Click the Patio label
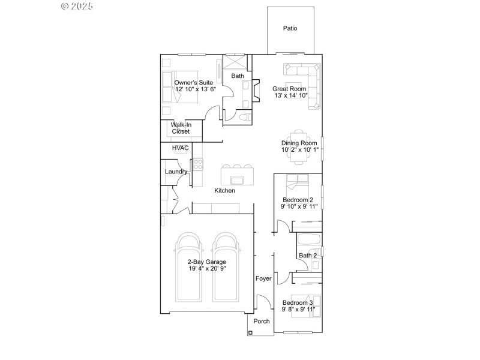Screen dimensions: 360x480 click(290, 28)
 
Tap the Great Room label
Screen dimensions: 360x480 click(290, 88)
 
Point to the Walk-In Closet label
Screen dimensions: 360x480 click(181, 128)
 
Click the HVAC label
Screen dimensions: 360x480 click(181, 148)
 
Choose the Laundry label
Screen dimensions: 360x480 click(176, 172)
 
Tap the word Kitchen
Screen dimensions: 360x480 click(225, 191)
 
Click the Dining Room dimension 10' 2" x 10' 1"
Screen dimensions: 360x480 click(299, 150)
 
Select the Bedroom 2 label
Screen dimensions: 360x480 click(298, 200)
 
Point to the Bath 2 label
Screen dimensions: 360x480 click(308, 256)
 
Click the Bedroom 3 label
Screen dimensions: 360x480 click(298, 303)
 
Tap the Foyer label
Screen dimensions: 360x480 click(263, 278)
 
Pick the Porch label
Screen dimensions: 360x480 click(261, 322)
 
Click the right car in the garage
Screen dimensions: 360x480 click(226, 267)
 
